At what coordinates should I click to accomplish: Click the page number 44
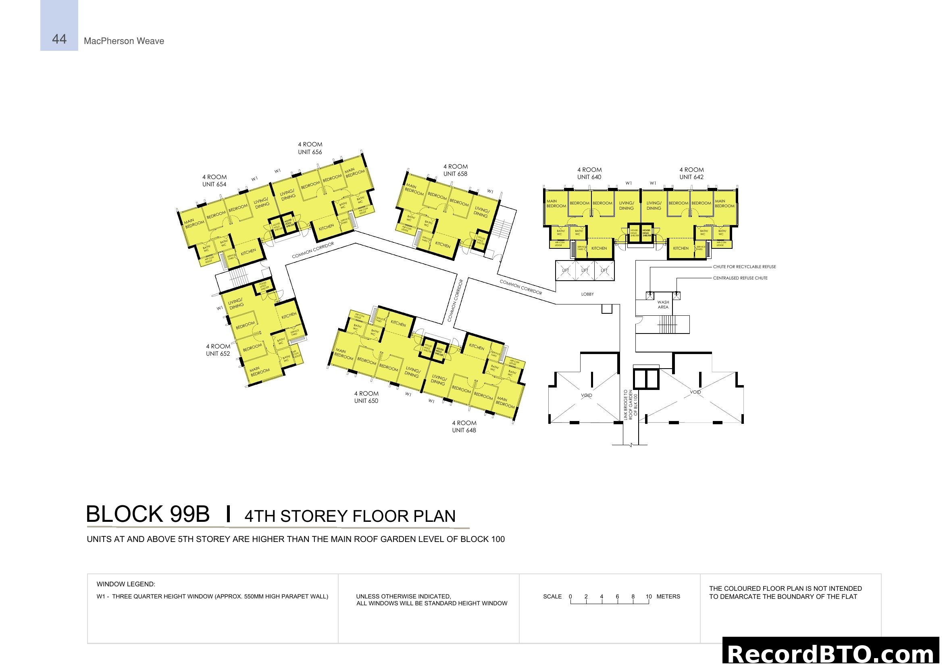pos(59,39)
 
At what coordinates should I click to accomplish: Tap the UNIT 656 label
pos(310,152)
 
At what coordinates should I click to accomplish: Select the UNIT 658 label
pos(455,174)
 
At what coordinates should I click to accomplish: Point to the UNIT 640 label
pos(589,177)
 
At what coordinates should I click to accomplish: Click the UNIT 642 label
pos(691,177)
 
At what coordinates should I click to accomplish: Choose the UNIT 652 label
pos(218,354)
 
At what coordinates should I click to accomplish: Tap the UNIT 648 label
pos(464,430)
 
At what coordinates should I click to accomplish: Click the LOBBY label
pos(587,294)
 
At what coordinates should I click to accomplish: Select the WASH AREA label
pos(663,305)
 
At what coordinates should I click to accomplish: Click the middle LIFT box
pos(585,270)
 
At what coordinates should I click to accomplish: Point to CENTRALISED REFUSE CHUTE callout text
pos(740,278)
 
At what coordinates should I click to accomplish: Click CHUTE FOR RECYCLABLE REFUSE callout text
pos(744,267)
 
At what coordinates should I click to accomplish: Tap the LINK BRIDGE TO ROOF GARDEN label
pos(631,404)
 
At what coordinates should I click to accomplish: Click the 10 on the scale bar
pos(649,596)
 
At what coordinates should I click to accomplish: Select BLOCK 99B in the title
pos(148,514)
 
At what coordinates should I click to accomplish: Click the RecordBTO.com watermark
pos(832,653)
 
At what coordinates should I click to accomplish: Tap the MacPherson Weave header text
pos(124,41)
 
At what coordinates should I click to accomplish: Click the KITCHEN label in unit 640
pos(599,248)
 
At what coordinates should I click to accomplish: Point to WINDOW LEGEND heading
pos(126,584)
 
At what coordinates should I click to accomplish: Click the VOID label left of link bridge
pos(587,395)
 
